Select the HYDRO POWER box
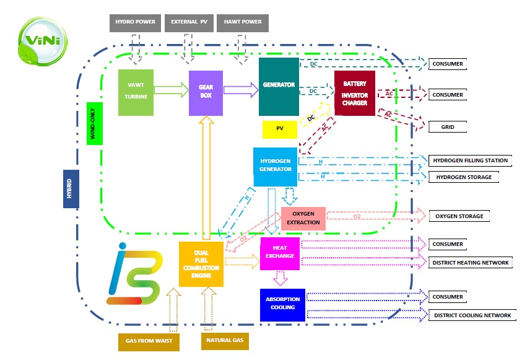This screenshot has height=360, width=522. [x=134, y=22]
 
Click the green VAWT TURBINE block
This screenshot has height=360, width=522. [x=136, y=92]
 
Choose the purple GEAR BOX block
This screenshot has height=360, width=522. [x=206, y=92]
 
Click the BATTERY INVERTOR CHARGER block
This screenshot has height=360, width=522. [x=355, y=93]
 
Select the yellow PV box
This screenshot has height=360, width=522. [x=279, y=129]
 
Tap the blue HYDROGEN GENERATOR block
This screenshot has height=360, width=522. [x=276, y=166]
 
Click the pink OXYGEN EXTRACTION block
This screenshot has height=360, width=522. [x=303, y=218]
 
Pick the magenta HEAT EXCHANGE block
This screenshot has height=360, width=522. [x=280, y=253]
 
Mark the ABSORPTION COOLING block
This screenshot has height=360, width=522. [x=282, y=304]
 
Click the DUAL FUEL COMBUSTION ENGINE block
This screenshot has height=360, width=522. [x=201, y=264]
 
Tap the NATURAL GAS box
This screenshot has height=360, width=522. [x=225, y=341]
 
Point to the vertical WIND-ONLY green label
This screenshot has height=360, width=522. [x=95, y=123]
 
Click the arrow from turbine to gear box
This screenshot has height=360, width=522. [x=171, y=90]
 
